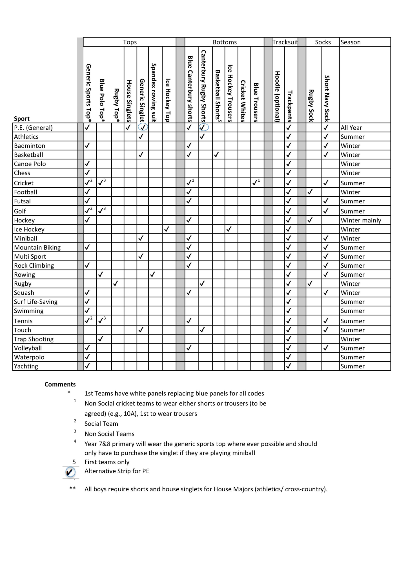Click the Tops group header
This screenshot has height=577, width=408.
pyautogui.click(x=130, y=42)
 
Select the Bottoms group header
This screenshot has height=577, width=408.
pyautogui.click(x=225, y=42)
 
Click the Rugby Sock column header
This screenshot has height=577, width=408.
pyautogui.click(x=311, y=106)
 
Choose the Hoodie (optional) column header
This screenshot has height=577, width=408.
pyautogui.click(x=278, y=96)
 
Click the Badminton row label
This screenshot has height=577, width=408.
pyautogui.click(x=30, y=146)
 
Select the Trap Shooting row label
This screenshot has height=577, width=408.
pyautogui.click(x=34, y=339)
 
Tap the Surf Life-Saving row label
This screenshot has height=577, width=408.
pyautogui.click(x=36, y=302)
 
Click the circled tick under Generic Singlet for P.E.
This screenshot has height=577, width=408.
pyautogui.click(x=143, y=127)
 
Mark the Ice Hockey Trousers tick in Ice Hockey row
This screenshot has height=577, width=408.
pyautogui.click(x=229, y=229)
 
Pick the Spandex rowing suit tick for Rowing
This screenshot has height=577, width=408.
pyautogui.click(x=152, y=274)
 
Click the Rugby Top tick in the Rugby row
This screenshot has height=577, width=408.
pyautogui.click(x=115, y=283)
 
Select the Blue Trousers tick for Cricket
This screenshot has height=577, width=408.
pyautogui.click(x=256, y=183)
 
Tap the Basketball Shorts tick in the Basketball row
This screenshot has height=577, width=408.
pyautogui.click(x=216, y=154)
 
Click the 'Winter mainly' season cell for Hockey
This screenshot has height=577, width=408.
pyautogui.click(x=361, y=220)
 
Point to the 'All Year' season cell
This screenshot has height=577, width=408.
pyautogui.click(x=351, y=128)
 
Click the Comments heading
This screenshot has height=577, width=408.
pyautogui.click(x=60, y=384)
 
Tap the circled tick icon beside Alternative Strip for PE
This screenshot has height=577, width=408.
pyautogui.click(x=70, y=472)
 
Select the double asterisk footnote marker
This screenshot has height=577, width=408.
pyautogui.click(x=72, y=488)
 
